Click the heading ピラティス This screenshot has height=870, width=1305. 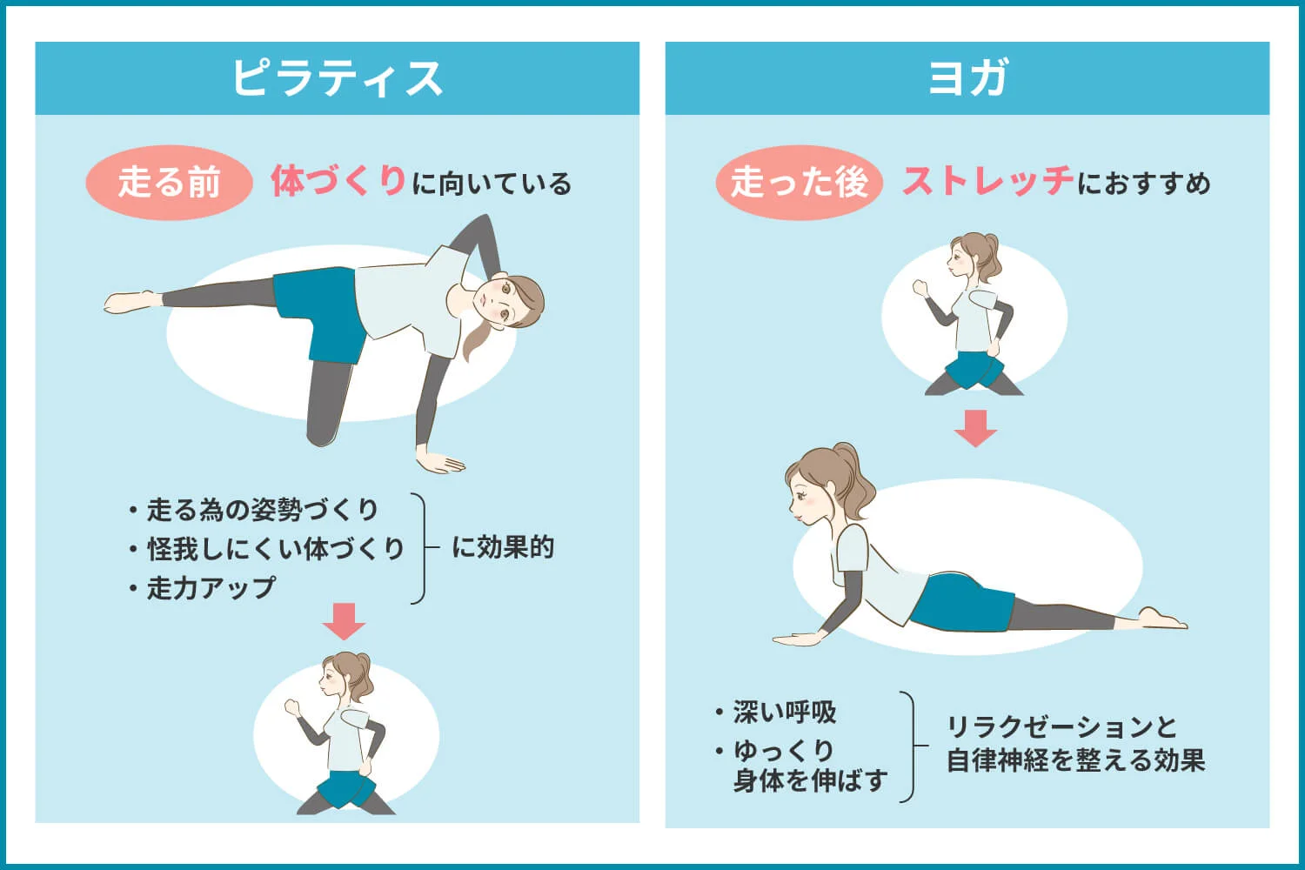[337, 78]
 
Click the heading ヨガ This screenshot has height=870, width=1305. [967, 78]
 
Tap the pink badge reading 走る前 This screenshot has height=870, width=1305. [169, 183]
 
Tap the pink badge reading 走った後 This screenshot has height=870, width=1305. [799, 183]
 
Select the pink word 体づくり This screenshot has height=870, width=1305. [338, 181]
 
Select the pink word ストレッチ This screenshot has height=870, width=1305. [987, 181]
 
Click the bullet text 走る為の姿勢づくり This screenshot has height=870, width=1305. [262, 509]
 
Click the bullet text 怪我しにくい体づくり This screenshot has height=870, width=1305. [275, 549]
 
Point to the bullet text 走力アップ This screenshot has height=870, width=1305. [211, 588]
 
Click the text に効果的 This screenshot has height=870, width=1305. [503, 547]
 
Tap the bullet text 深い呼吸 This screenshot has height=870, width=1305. [784, 713]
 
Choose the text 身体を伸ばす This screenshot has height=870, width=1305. [810, 780]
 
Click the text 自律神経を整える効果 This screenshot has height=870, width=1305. [1075, 760]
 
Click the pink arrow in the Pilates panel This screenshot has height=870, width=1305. [344, 620]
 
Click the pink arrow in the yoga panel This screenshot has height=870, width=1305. [975, 428]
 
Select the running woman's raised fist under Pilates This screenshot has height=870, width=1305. [291, 706]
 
